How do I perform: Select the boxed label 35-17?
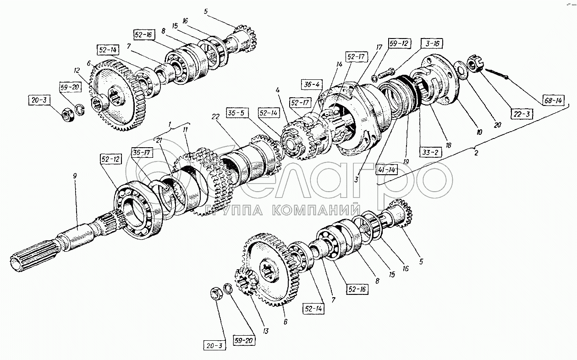coord(142,152)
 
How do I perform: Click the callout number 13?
coord(266,331)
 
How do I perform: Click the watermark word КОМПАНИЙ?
coord(315,211)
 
